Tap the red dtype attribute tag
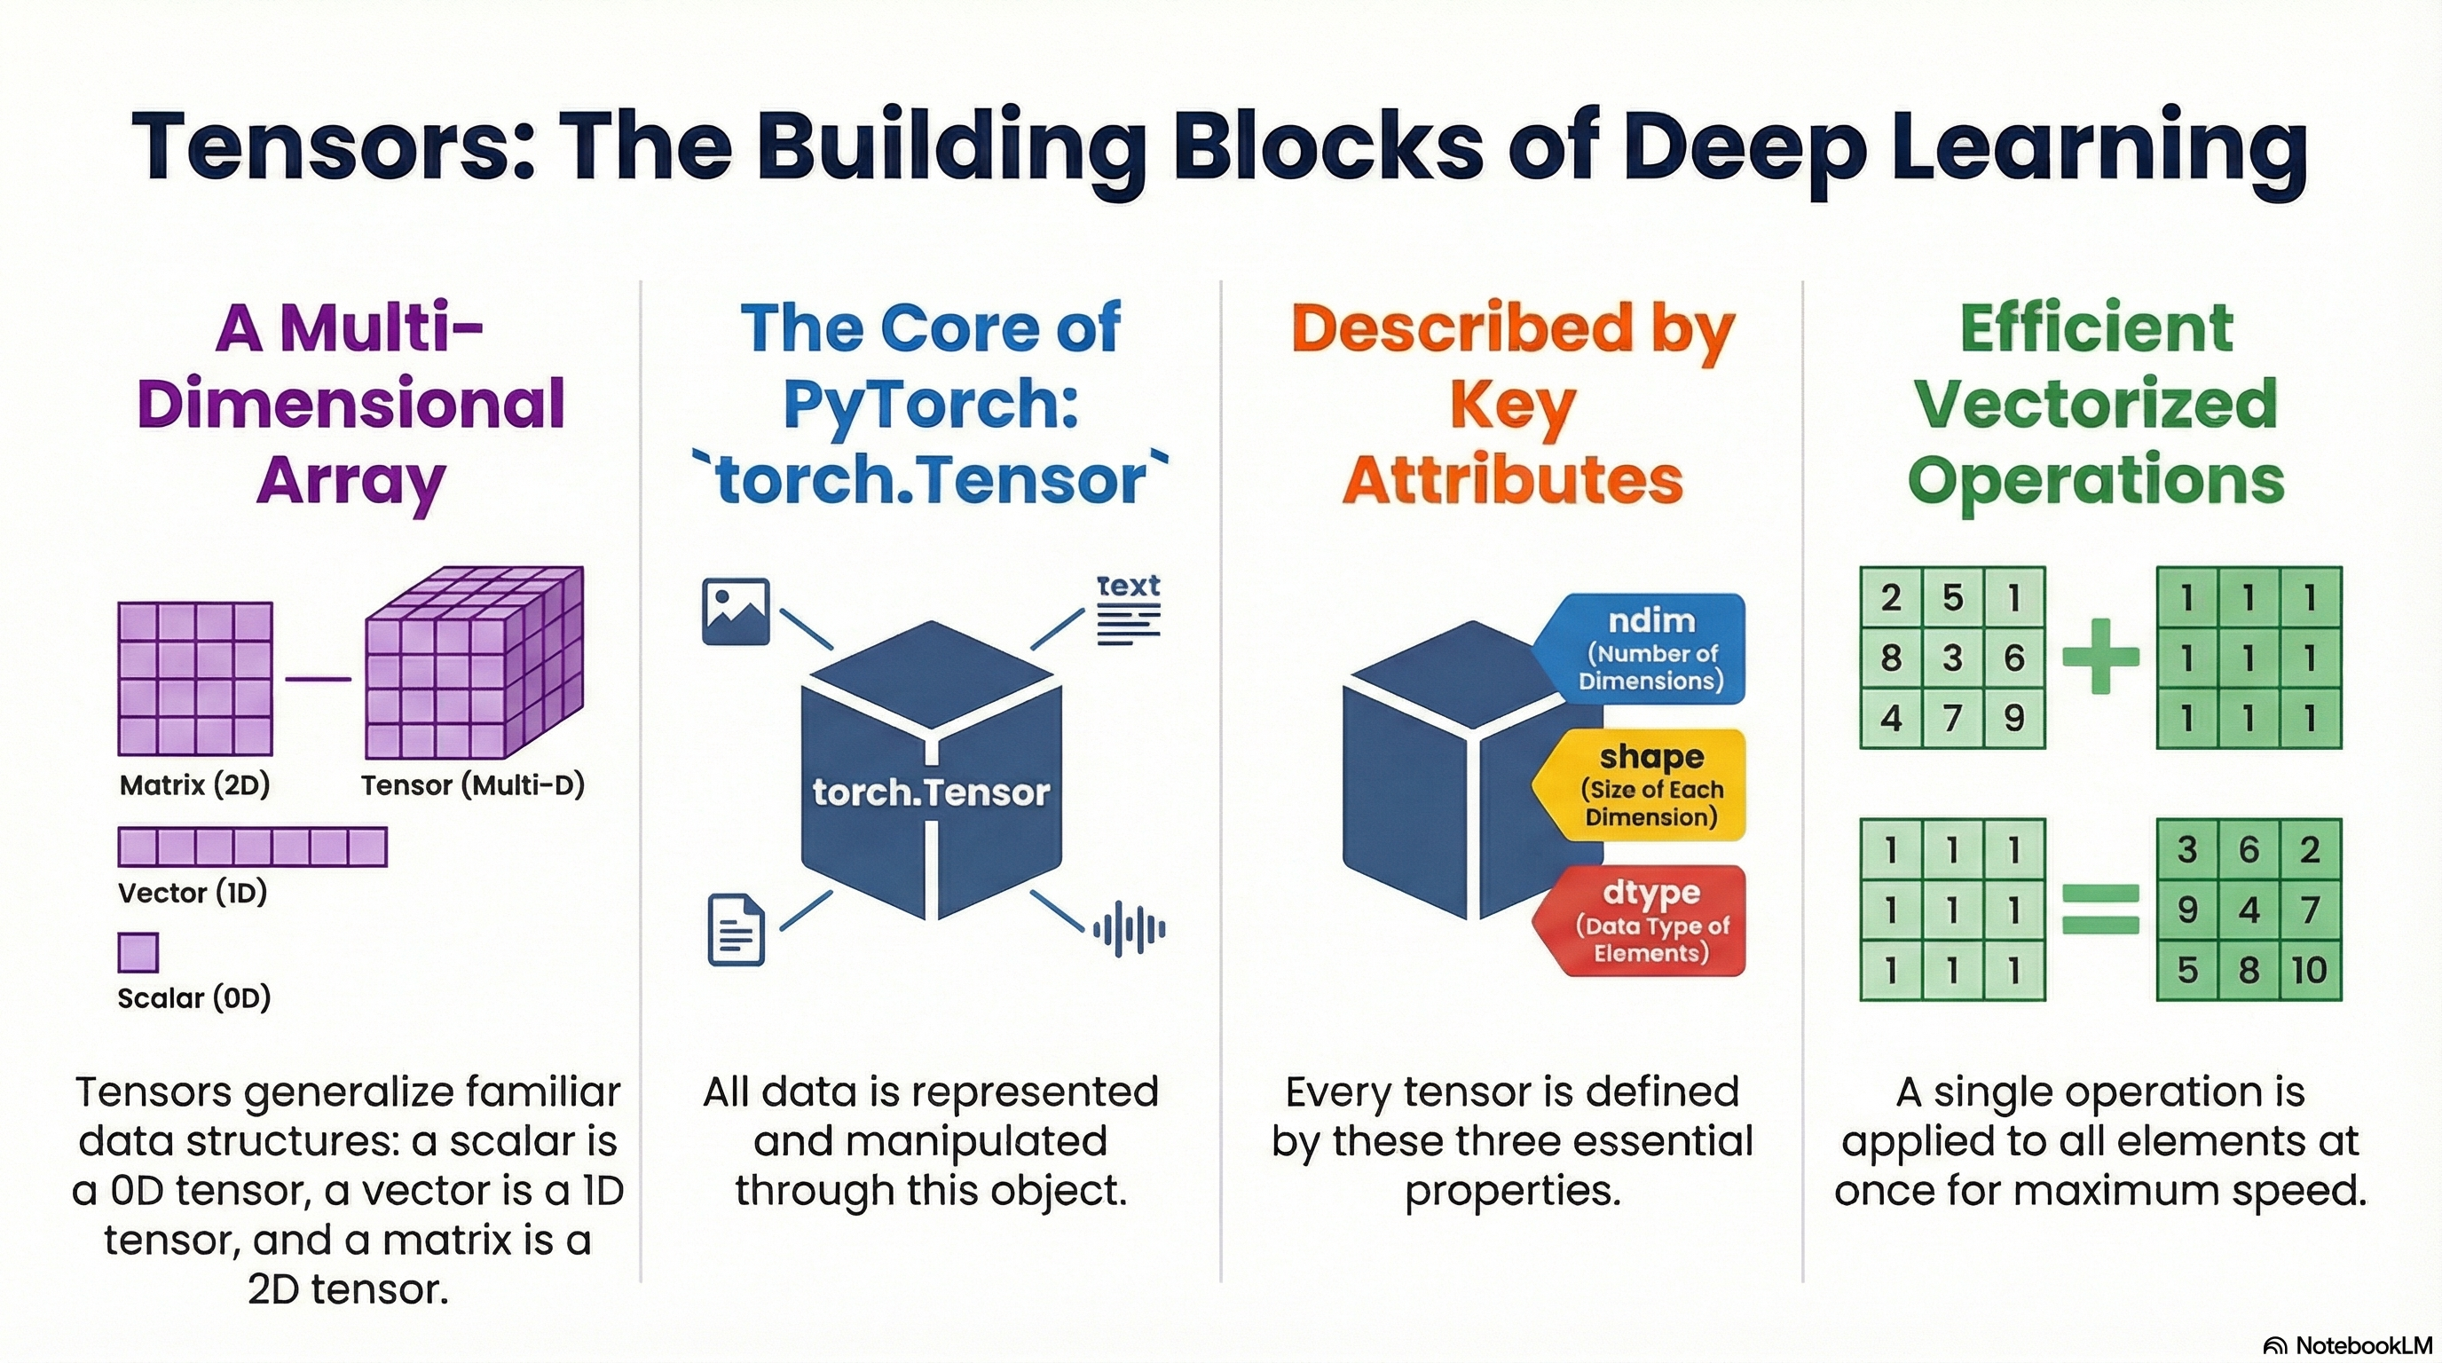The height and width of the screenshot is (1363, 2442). coord(1650,921)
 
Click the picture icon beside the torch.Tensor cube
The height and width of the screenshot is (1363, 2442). coord(736,611)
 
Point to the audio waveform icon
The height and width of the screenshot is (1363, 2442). coord(1129,929)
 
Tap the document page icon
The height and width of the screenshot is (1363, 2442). coord(737,930)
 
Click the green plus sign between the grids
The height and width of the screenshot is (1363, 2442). coord(2100,656)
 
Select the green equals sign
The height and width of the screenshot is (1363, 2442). coord(2100,909)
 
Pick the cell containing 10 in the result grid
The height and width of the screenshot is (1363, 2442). coord(2309,970)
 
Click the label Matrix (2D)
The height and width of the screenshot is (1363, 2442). coord(194,784)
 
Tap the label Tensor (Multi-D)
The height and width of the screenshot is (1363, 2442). coord(472,784)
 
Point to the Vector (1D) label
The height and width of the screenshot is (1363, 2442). coord(193,892)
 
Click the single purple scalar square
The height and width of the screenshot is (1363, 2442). coord(138,952)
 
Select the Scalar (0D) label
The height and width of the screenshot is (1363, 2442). coord(194,997)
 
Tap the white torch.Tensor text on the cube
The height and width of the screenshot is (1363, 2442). coord(931,792)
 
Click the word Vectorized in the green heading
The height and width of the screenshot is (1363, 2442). coord(2096,404)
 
